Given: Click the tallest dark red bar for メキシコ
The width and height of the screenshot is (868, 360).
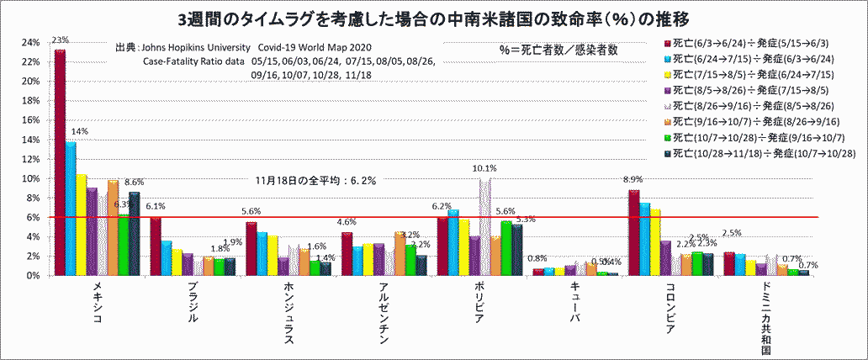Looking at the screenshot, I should coord(60,160).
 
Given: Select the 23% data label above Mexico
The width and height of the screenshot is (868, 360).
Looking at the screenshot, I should coord(60,40).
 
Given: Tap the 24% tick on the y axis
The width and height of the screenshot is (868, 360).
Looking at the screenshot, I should coord(30,43).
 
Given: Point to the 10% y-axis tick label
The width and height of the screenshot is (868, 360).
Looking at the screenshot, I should coord(30,178).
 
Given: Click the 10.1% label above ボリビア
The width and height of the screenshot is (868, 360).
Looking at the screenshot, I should coord(484,168).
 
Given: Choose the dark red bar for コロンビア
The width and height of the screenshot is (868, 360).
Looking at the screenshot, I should coord(633,232).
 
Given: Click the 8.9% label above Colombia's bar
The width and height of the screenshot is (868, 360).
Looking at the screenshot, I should coord(632,180).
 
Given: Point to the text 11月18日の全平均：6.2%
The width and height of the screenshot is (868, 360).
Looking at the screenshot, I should coord(315,180).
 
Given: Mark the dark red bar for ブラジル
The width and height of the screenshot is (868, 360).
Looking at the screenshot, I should coord(156,246).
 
